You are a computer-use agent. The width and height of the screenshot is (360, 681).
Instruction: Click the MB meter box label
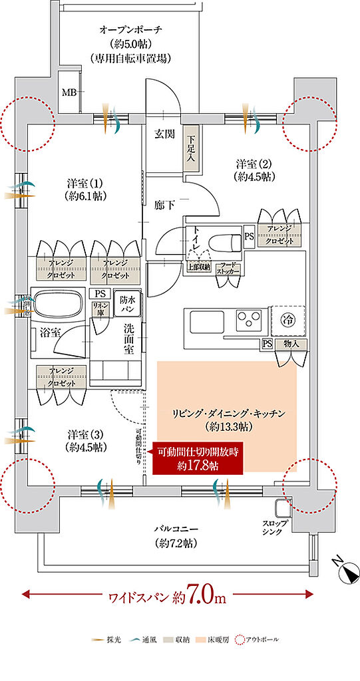tap(69, 92)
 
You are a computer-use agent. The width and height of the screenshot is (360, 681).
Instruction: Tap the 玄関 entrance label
tap(165, 133)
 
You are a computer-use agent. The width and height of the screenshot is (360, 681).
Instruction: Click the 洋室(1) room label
tap(84, 190)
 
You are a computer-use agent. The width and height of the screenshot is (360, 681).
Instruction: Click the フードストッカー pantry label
tap(228, 268)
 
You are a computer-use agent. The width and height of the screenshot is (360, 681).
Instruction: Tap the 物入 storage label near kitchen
tap(291, 344)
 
